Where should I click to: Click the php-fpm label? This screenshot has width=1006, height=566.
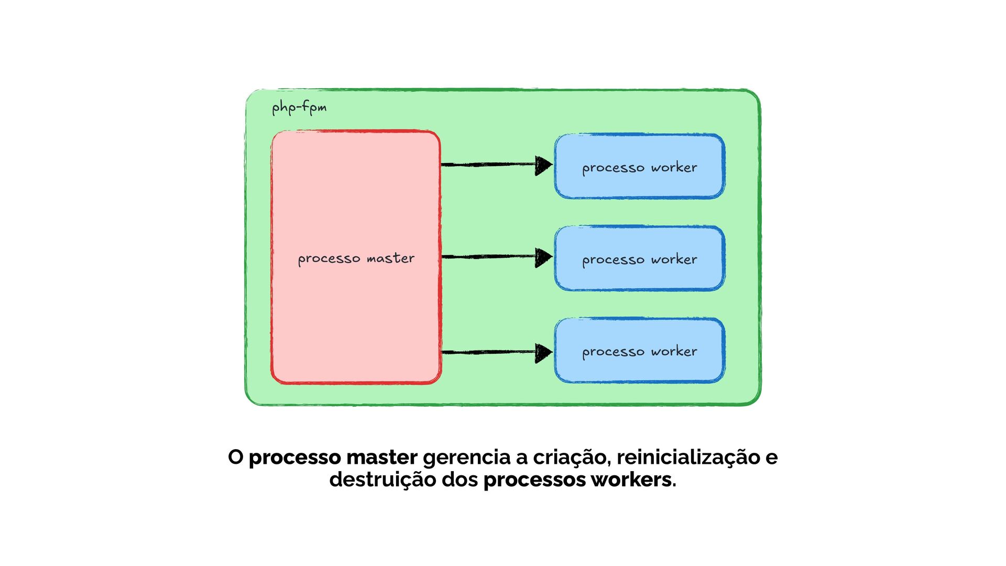pos(299,108)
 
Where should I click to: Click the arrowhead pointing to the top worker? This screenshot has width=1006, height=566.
pos(543,165)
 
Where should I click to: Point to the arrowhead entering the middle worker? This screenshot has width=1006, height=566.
pos(543,257)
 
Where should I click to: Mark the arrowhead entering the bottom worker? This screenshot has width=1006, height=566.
pos(543,353)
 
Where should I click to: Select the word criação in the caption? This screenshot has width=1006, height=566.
pos(572,458)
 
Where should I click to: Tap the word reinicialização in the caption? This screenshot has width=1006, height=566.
pos(688,458)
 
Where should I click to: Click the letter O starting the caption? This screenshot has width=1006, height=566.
pos(236,458)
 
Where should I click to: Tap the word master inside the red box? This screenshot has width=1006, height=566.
pos(390,258)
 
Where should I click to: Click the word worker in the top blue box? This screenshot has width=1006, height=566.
pos(674,168)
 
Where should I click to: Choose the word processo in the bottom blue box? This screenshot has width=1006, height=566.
pos(613,352)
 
